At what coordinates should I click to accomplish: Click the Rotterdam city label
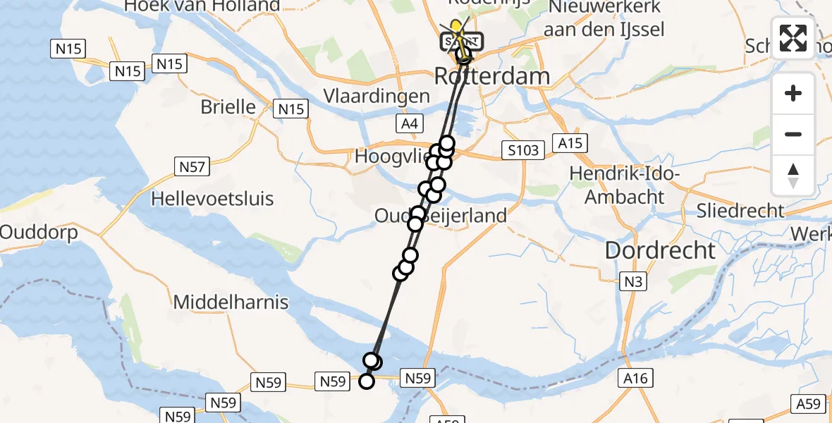pos(491,75)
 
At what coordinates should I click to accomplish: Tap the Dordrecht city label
pos(661,250)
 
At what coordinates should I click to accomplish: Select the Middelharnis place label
pos(231,302)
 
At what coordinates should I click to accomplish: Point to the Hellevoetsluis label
pos(212,198)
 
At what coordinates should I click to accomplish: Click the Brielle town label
pos(228,107)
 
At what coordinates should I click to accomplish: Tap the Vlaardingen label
pos(377,96)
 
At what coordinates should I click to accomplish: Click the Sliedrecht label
pos(740,210)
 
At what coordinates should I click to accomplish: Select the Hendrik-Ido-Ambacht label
pos(623,185)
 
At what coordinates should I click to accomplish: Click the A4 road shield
pos(410,125)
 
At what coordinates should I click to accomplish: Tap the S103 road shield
pos(522,149)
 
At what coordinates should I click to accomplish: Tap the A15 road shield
pos(570,143)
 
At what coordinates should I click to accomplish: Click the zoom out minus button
pos(793,134)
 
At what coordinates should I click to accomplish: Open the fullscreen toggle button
pos(793,38)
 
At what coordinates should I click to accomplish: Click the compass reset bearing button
pos(793,176)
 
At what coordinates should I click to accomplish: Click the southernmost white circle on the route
pos(367,381)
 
